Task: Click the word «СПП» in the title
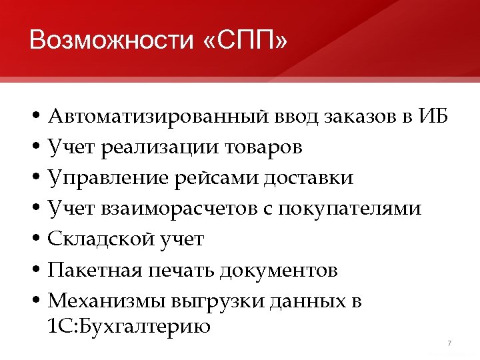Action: [243, 41]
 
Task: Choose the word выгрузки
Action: [214, 301]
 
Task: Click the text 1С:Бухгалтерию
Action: [129, 327]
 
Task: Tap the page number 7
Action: [449, 343]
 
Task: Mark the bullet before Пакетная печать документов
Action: [35, 271]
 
